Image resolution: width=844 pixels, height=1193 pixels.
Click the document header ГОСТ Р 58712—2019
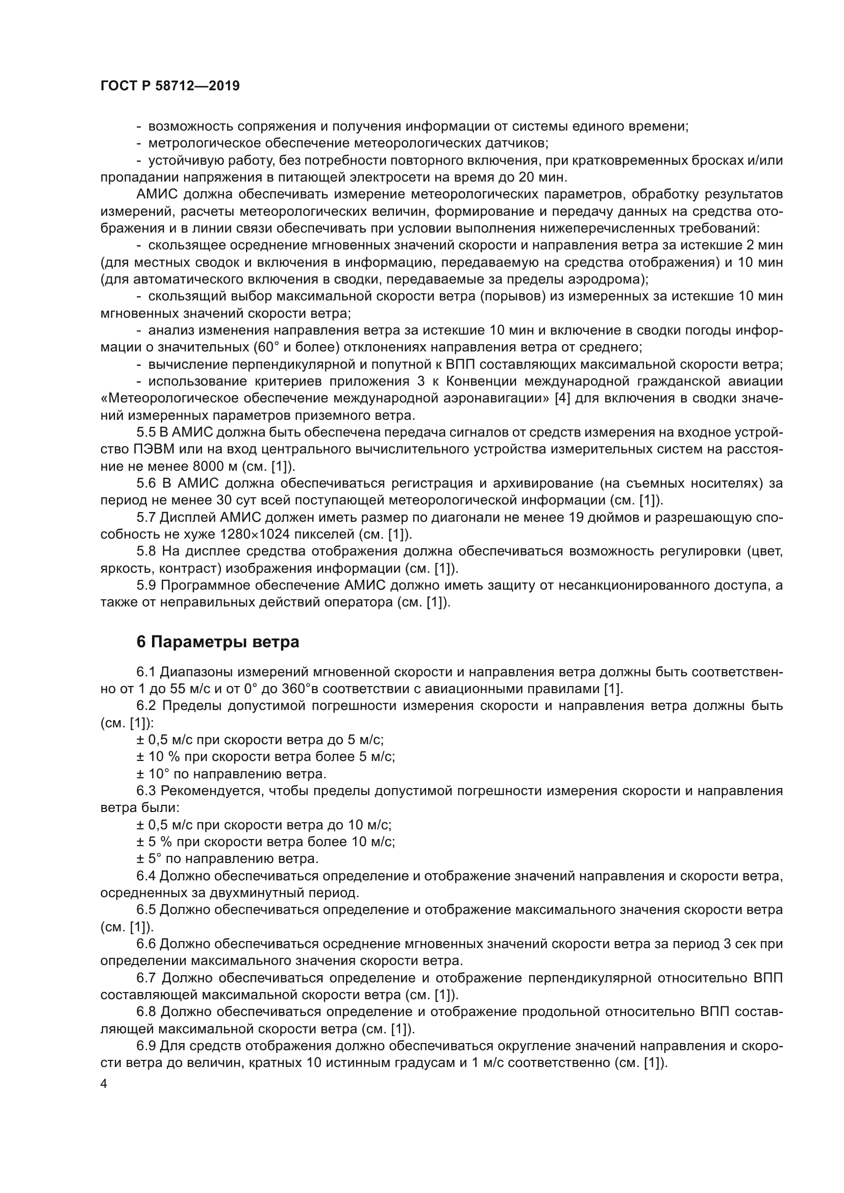point(170,86)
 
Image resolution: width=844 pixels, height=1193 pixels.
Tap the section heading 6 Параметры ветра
point(218,642)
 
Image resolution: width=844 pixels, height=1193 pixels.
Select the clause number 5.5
point(146,433)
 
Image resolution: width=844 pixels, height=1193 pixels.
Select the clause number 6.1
point(146,672)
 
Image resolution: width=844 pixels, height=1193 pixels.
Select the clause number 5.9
point(146,585)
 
